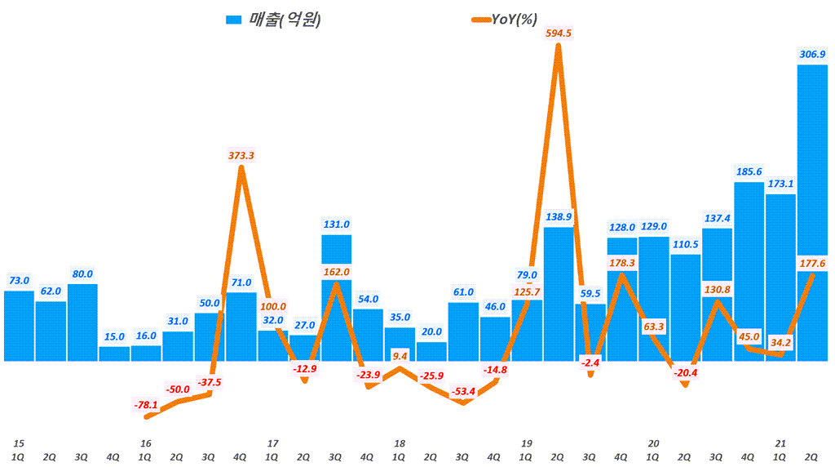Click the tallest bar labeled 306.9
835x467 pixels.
click(812, 212)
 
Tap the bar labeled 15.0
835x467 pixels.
click(114, 354)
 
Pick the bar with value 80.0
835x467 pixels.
click(82, 322)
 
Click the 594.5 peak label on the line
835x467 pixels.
click(557, 33)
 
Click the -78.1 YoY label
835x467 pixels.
click(145, 404)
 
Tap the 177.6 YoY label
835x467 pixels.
click(812, 263)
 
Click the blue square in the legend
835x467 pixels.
click(233, 20)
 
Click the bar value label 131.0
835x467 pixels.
click(336, 224)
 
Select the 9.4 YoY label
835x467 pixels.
click(400, 356)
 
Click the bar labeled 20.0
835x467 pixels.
click(431, 351)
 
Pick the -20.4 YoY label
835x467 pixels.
click(685, 373)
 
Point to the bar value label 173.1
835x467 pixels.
click(780, 184)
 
